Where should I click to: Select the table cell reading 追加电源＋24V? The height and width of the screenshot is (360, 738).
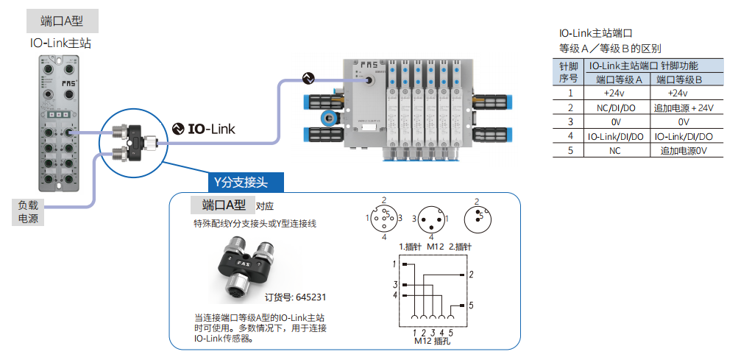point(684,107)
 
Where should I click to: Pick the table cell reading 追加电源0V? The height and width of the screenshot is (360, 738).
point(684,150)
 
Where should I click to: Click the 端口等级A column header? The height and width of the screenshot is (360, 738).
point(617,80)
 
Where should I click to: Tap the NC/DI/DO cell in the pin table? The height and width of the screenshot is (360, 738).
point(615,107)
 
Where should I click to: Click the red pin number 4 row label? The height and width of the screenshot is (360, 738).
point(570,136)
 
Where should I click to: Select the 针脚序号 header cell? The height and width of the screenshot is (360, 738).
point(569,72)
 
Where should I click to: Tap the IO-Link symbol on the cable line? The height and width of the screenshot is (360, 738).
point(308,77)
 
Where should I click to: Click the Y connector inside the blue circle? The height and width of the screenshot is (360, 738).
point(137,143)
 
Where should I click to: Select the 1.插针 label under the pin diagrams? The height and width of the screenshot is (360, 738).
point(408,246)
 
